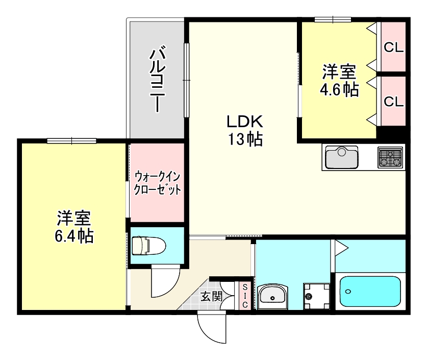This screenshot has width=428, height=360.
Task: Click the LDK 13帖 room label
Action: coord(244,130)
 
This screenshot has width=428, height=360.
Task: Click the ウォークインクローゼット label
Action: coord(157,183)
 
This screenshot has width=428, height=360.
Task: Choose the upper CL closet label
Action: coord(393,47)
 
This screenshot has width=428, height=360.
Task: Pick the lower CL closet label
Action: coord(393,101)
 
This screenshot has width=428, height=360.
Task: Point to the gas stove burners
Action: coord(390,157)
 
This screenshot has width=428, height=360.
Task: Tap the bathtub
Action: coord(370,292)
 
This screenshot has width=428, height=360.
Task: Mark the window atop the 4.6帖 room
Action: coord(333,20)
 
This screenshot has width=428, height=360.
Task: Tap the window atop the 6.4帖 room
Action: coord(71,140)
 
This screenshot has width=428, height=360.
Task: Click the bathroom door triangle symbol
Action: coord(340,248)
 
